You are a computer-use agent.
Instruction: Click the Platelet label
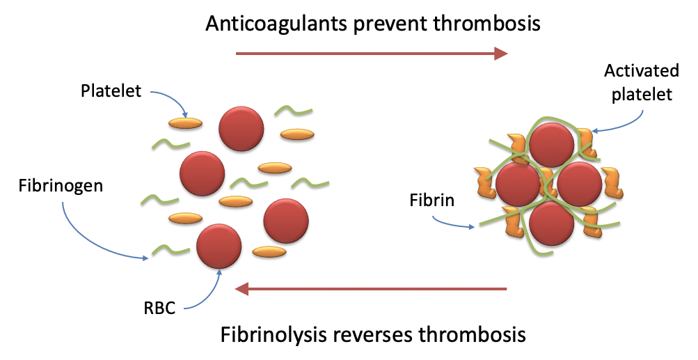click(x=111, y=91)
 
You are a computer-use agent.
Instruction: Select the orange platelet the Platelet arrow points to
click(x=185, y=123)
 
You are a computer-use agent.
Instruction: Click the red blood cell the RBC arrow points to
click(x=219, y=246)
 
